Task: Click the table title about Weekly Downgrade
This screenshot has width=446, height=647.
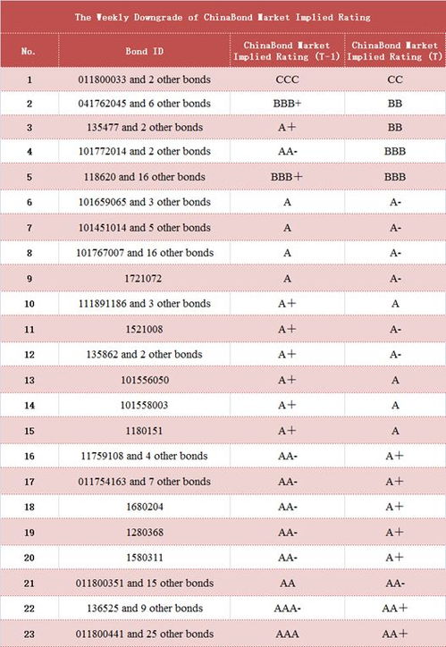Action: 222,16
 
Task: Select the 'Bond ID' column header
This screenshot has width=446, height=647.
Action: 143,50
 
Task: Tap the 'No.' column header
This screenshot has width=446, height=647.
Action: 29,50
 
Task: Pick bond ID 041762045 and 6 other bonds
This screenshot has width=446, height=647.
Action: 143,104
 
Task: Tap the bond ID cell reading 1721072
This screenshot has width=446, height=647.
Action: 143,279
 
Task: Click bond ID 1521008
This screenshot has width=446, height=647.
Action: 143,329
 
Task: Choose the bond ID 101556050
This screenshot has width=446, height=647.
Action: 143,380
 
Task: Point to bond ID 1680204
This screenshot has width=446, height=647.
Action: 143,507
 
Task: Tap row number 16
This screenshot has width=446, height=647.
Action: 29,456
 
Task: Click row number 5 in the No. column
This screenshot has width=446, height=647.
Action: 29,178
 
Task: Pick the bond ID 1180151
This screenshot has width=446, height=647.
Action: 143,431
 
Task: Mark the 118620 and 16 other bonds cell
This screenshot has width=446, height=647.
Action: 143,178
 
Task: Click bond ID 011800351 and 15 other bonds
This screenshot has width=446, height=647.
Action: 143,584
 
